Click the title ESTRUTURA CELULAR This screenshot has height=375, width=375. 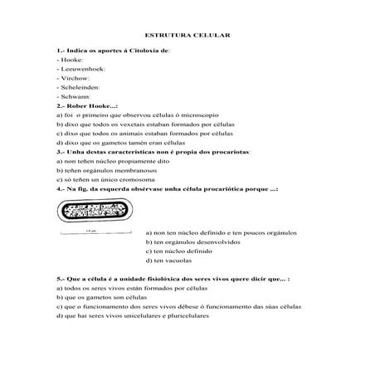[x=187, y=37]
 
